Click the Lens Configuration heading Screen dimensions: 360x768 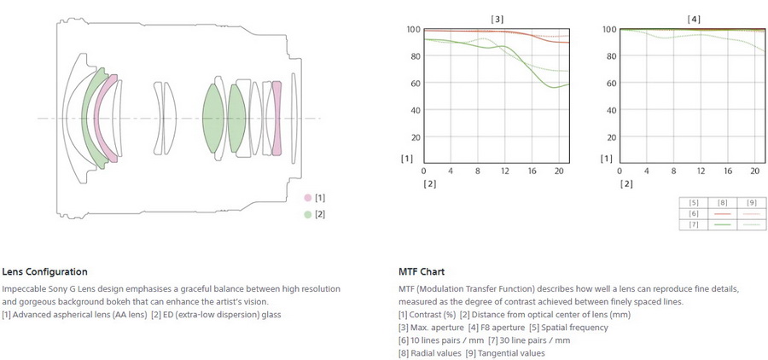[44, 272]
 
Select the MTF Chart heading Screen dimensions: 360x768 [422, 272]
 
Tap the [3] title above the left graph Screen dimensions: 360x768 [497, 18]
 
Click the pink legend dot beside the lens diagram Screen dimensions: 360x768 [307, 198]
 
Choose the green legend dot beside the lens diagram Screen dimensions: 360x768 [307, 214]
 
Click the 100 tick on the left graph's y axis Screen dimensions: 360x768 [413, 30]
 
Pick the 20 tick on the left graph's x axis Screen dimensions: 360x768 [559, 171]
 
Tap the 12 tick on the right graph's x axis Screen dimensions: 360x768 [701, 171]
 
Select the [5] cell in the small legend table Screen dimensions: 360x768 [693, 202]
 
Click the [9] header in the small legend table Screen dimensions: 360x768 [751, 202]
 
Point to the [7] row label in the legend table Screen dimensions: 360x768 [693, 224]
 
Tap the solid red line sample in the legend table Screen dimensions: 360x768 [722, 213]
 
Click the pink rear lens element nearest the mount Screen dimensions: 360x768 [276, 119]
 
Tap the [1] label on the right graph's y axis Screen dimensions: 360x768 [606, 158]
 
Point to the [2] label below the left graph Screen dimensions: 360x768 [430, 183]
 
